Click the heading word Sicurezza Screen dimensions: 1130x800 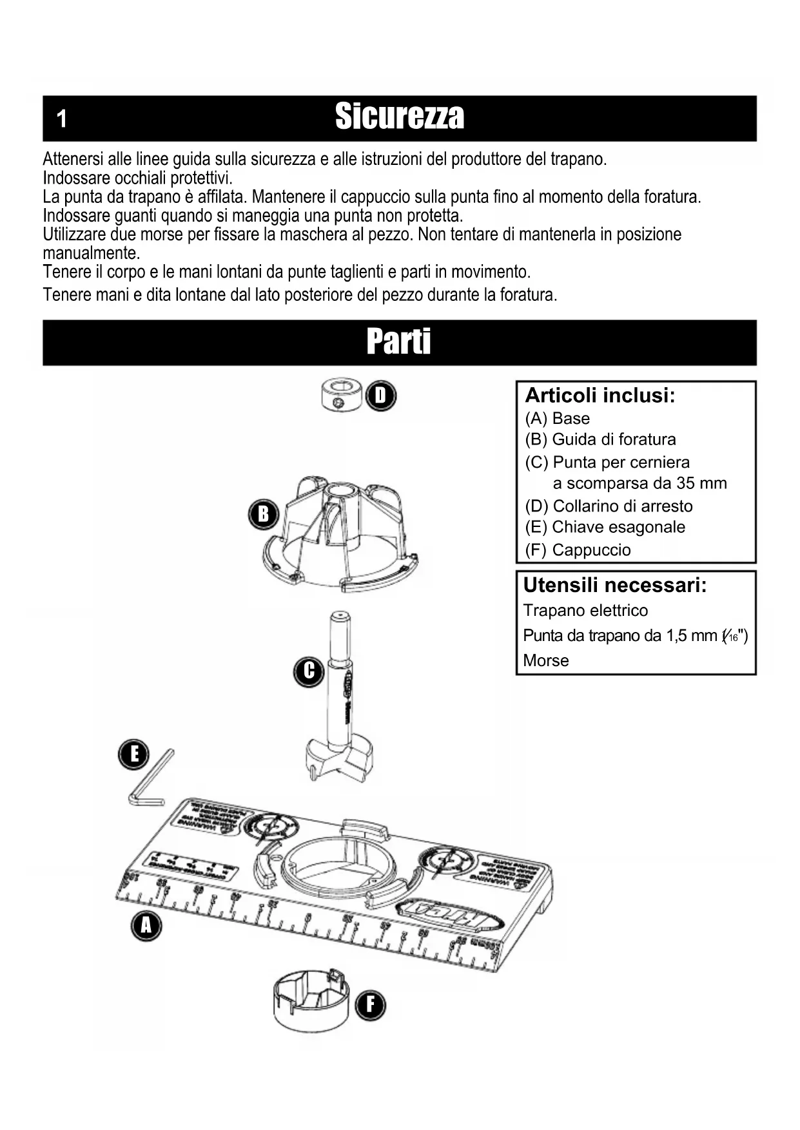399,117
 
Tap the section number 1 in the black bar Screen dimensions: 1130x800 62,119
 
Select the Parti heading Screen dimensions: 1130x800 399,341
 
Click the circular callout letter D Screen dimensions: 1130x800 380,396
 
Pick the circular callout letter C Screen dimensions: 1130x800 309,671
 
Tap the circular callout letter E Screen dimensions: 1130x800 134,754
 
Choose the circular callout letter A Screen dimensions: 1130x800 146,926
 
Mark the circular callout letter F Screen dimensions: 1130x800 370,1005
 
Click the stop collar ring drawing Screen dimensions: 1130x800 341,395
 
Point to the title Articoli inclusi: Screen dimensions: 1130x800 600,395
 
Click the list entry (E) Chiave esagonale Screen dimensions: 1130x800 605,527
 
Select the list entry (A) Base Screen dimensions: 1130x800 558,419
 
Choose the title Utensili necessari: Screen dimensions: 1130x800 615,585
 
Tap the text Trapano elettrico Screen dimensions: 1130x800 585,610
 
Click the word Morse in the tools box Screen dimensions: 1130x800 546,660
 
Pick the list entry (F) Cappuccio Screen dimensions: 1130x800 578,550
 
